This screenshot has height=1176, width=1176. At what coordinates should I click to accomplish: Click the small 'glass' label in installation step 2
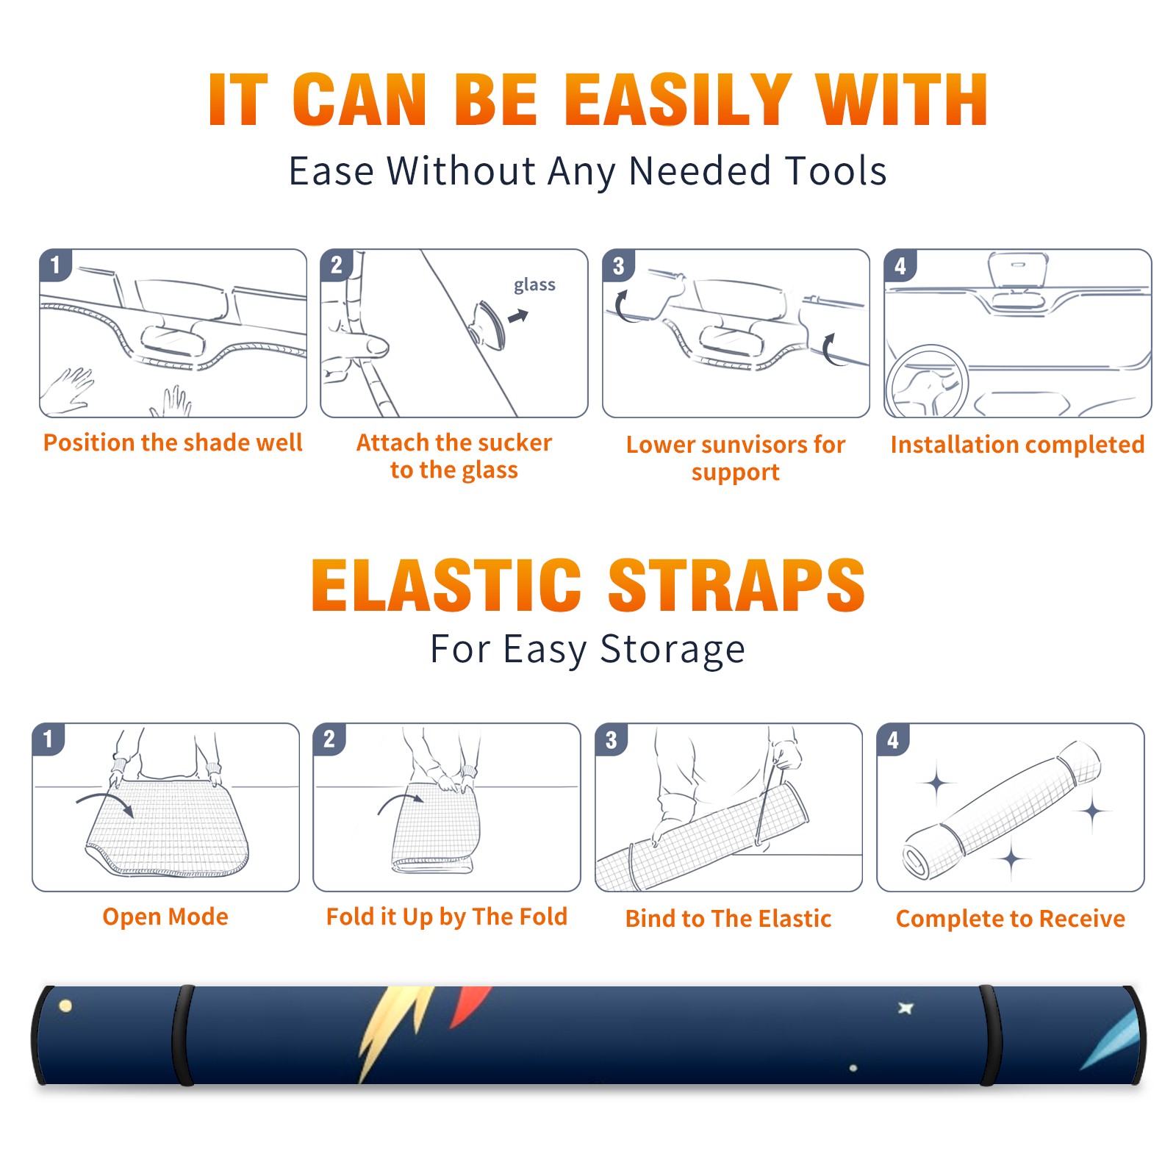(534, 285)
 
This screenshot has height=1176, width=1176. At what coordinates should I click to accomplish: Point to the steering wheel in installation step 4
(927, 381)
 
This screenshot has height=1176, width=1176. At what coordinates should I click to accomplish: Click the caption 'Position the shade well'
(173, 442)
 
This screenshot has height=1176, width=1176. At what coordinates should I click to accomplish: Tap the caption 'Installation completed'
(1017, 444)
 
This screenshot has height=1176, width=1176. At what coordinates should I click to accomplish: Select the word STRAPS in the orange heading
(736, 585)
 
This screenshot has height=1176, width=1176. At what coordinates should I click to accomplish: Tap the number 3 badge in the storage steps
(611, 740)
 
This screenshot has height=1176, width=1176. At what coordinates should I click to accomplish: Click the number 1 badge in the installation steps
(55, 265)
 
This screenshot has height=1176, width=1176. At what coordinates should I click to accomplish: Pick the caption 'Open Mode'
(165, 917)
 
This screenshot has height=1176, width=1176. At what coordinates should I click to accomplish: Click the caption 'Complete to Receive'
(1011, 919)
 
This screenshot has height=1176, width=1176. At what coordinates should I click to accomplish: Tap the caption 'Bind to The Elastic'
(728, 919)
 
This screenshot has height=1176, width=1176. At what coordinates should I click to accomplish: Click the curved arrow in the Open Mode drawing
(105, 797)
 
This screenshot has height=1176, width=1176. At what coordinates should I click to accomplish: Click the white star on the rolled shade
(906, 1008)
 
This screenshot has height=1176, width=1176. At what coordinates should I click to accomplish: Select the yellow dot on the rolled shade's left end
(65, 1006)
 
